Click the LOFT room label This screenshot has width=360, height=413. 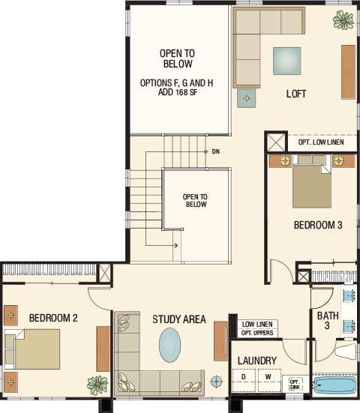pyautogui.click(x=296, y=94)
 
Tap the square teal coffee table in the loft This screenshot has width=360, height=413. pyautogui.click(x=286, y=61)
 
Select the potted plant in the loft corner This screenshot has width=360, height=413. pyautogui.click(x=343, y=20)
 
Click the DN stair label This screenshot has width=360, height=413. pyautogui.click(x=216, y=151)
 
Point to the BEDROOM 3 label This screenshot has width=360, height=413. pyautogui.click(x=318, y=225)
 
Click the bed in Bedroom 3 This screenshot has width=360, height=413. pyautogui.click(x=312, y=181)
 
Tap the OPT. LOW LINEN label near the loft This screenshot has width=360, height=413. pyautogui.click(x=321, y=142)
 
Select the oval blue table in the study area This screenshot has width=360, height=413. pyautogui.click(x=170, y=345)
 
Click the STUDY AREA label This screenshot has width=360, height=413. pyautogui.click(x=179, y=319)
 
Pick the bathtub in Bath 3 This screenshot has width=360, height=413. pyautogui.click(x=334, y=385)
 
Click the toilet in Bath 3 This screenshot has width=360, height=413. pyautogui.click(x=346, y=351)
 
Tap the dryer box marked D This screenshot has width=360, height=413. pyautogui.click(x=244, y=380)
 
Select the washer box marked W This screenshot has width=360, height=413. pyautogui.click(x=269, y=380)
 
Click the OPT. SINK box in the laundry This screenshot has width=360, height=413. pyautogui.click(x=295, y=384)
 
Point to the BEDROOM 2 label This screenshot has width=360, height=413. pyautogui.click(x=53, y=318)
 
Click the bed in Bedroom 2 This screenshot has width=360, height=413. pyautogui.click(x=32, y=349)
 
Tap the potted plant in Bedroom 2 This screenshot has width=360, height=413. pyautogui.click(x=97, y=385)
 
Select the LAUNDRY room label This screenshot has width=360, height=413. pyautogui.click(x=257, y=361)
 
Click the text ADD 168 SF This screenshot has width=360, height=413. pyautogui.click(x=178, y=92)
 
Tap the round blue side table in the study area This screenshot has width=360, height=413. pyautogui.click(x=216, y=381)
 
